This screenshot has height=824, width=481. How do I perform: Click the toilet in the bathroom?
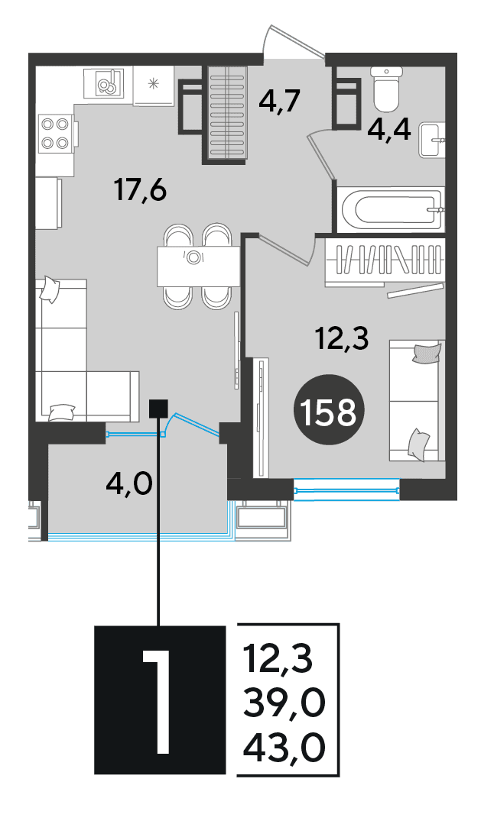pyautogui.click(x=385, y=89)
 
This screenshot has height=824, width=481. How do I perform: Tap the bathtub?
pyautogui.click(x=392, y=209)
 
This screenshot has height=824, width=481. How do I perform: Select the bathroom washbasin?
pyautogui.click(x=432, y=140)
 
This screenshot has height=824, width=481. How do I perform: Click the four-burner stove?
pyautogui.click(x=55, y=134)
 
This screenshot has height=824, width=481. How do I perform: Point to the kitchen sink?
pyautogui.click(x=109, y=82)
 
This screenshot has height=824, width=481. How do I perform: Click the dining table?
pyautogui.click(x=196, y=267)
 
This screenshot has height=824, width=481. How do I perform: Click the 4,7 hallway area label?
pyautogui.click(x=279, y=100)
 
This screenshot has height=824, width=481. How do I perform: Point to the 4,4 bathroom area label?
pyautogui.click(x=389, y=131)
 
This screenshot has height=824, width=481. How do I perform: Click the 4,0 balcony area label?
pyautogui.click(x=128, y=481)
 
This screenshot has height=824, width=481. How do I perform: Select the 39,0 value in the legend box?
pyautogui.click(x=284, y=703)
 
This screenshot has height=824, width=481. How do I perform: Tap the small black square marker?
pyautogui.click(x=158, y=409)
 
